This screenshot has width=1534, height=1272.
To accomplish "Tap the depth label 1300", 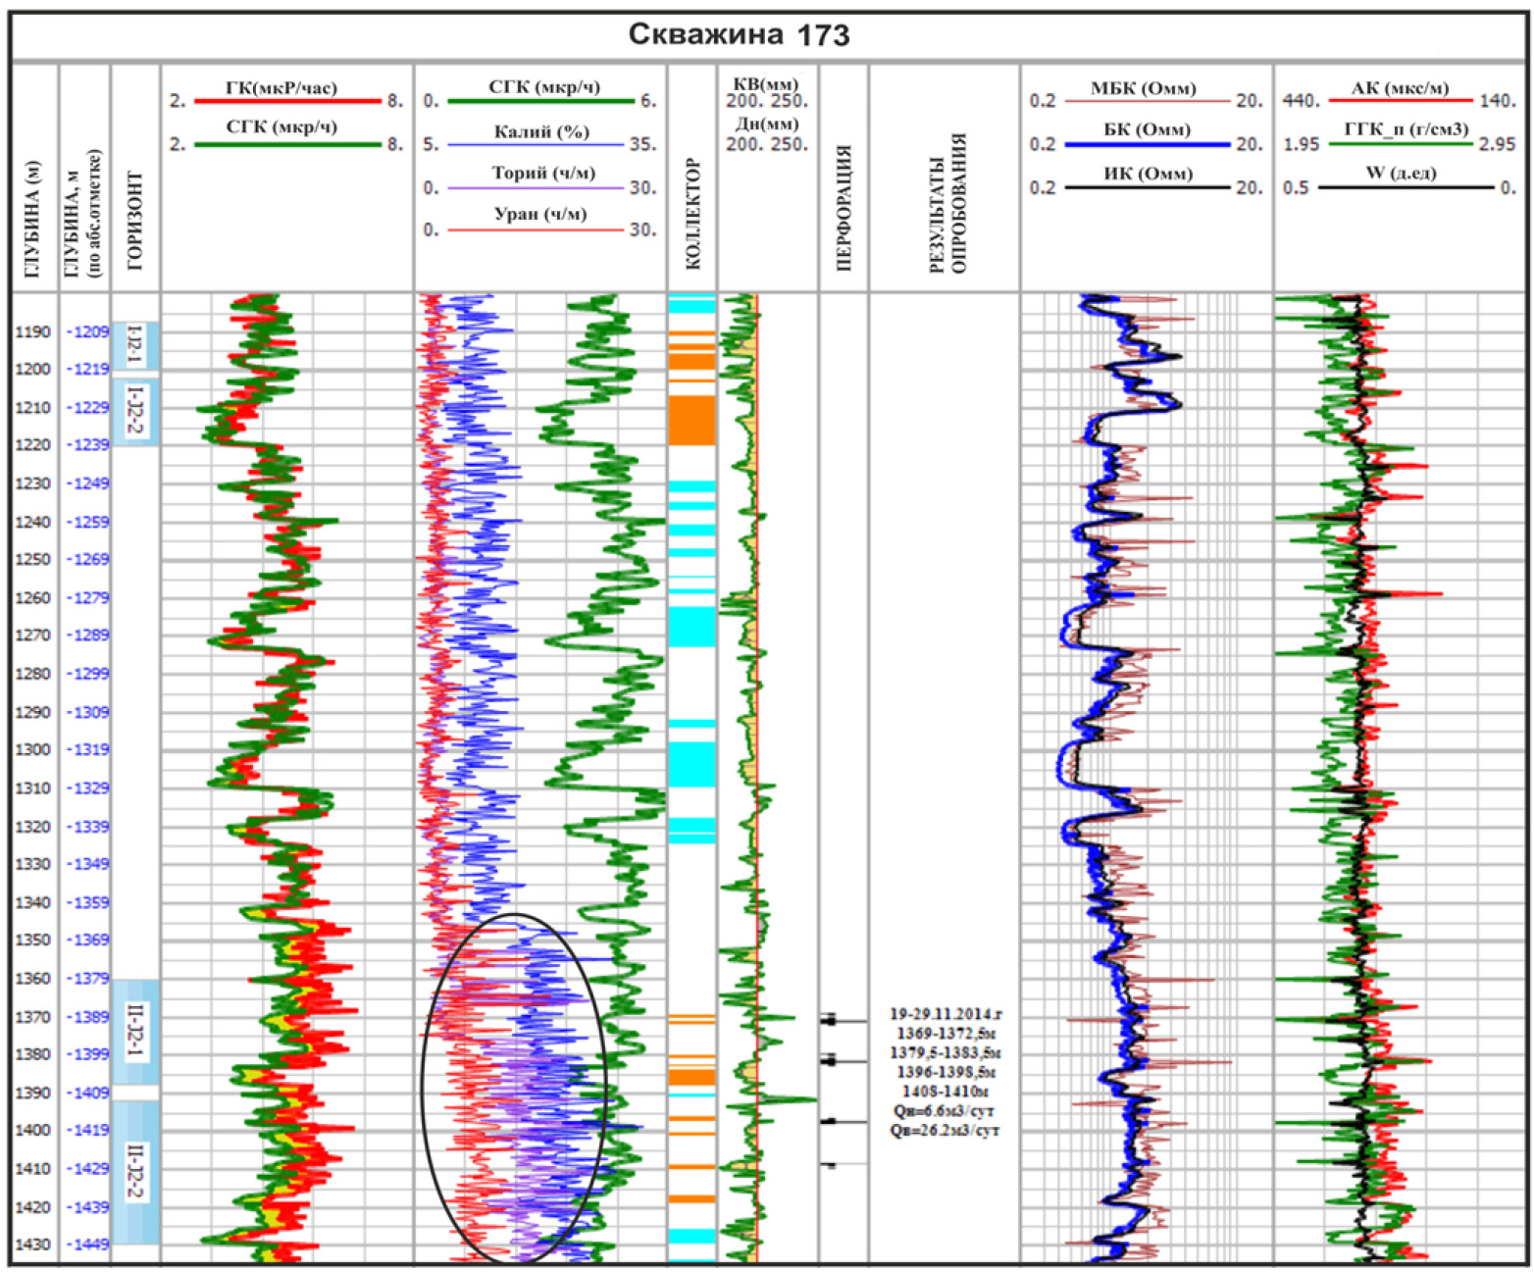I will [32, 750].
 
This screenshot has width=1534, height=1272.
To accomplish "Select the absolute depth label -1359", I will [87, 902].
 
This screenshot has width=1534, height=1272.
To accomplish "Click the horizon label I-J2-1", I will [135, 345].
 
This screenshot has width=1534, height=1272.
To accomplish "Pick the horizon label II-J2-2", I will [135, 1171].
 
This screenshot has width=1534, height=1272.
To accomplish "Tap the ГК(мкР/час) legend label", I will [281, 88].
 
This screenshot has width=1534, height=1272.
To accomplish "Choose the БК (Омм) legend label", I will [1146, 130].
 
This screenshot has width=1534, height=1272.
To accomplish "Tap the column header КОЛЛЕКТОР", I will [691, 214].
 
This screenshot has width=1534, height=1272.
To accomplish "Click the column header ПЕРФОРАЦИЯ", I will [843, 208].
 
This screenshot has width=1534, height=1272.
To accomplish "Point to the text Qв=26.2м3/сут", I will [945, 1131].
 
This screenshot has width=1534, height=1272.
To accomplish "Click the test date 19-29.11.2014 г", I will [946, 1014].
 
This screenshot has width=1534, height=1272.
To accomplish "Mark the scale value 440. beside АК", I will [1301, 101].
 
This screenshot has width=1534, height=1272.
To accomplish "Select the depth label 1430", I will [32, 1246].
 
